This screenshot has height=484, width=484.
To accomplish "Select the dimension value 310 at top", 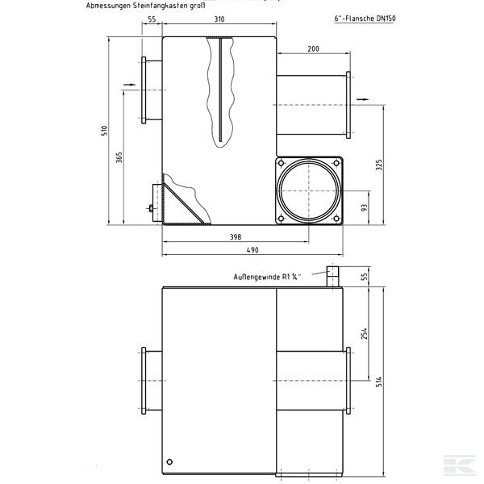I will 219,19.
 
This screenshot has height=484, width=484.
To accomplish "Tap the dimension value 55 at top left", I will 151,19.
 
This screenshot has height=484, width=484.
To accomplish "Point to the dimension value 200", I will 313,49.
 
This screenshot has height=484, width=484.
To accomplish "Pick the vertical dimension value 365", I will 119,157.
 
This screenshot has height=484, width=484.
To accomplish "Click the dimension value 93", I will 365,208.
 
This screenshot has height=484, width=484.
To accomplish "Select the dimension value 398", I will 235,237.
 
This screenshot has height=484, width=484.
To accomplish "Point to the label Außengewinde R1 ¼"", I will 266,277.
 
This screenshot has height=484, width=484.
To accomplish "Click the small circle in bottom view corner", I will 169,461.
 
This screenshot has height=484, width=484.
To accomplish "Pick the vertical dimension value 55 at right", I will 365,277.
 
